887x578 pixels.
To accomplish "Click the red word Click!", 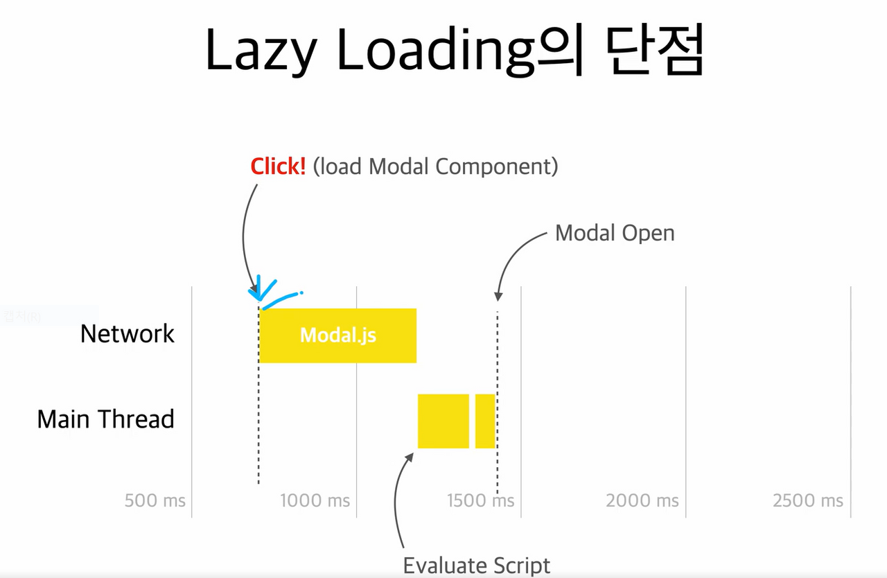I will pyautogui.click(x=278, y=167).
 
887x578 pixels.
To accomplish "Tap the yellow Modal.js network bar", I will pyautogui.click(x=337, y=335).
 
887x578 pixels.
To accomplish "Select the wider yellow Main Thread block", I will pyautogui.click(x=443, y=421).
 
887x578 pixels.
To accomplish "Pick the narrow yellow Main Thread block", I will pyautogui.click(x=485, y=421).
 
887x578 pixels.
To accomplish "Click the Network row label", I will pyautogui.click(x=128, y=334).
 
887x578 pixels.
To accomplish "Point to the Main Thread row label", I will pyautogui.click(x=105, y=419).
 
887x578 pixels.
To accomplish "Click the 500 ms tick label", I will pyautogui.click(x=155, y=500).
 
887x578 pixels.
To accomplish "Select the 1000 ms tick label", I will pyautogui.click(x=315, y=500).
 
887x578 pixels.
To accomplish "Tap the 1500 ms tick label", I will pyautogui.click(x=480, y=500).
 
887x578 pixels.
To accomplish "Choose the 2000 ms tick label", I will pyautogui.click(x=642, y=500).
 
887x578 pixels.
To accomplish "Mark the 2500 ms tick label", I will pyautogui.click(x=808, y=500).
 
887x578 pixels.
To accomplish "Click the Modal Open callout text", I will pyautogui.click(x=615, y=234).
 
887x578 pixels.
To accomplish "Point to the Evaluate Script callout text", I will pyautogui.click(x=477, y=565).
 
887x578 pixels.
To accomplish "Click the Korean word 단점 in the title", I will pyautogui.click(x=654, y=52).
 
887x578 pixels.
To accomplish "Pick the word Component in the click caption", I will pyautogui.click(x=496, y=167).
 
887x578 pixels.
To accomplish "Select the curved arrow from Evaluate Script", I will pyautogui.click(x=398, y=499).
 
